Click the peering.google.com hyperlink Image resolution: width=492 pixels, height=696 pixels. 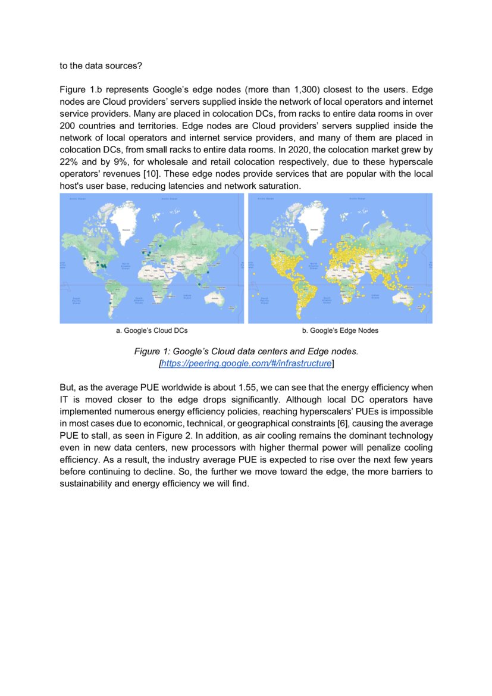click(246, 363)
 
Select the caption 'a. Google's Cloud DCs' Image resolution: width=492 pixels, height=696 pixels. click(152, 330)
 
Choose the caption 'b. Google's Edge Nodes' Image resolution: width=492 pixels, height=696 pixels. click(340, 330)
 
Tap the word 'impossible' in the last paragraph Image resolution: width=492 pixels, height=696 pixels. click(410, 412)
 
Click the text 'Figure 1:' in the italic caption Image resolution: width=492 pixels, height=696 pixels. click(153, 352)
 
